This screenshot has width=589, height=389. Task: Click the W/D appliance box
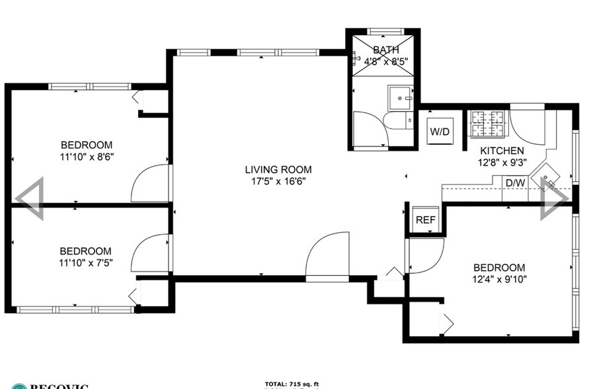tap(440, 131)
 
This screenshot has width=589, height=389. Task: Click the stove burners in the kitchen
tap(488, 123)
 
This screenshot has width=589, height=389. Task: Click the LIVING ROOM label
tap(277, 169)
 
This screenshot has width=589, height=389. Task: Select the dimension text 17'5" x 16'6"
tap(277, 181)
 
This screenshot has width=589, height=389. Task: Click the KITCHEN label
tap(502, 151)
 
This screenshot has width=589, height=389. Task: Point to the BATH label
tap(385, 50)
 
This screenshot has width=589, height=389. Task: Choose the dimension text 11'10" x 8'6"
tap(87, 157)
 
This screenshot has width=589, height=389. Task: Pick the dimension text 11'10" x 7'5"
tap(86, 263)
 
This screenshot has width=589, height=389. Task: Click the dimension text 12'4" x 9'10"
tap(500, 279)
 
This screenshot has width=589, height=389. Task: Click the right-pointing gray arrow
tap(554, 198)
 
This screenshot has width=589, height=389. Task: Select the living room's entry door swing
tap(327, 255)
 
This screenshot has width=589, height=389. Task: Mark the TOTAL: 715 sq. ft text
tap(292, 384)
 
